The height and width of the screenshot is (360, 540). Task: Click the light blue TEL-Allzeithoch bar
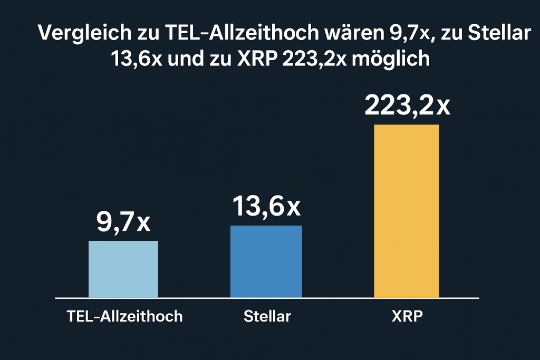tap(123, 269)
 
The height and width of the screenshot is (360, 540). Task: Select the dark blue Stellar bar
tap(266, 261)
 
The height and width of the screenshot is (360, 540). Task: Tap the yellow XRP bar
tap(406, 211)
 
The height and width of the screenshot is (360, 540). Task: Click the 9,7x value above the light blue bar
tap(123, 222)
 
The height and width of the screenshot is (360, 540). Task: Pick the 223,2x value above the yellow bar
tap(407, 106)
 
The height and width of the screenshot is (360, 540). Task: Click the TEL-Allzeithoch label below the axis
tap(124, 316)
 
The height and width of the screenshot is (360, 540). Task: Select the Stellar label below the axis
tap(267, 316)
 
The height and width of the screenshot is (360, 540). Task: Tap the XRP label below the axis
tap(406, 316)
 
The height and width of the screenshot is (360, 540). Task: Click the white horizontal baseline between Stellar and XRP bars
tap(337, 298)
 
